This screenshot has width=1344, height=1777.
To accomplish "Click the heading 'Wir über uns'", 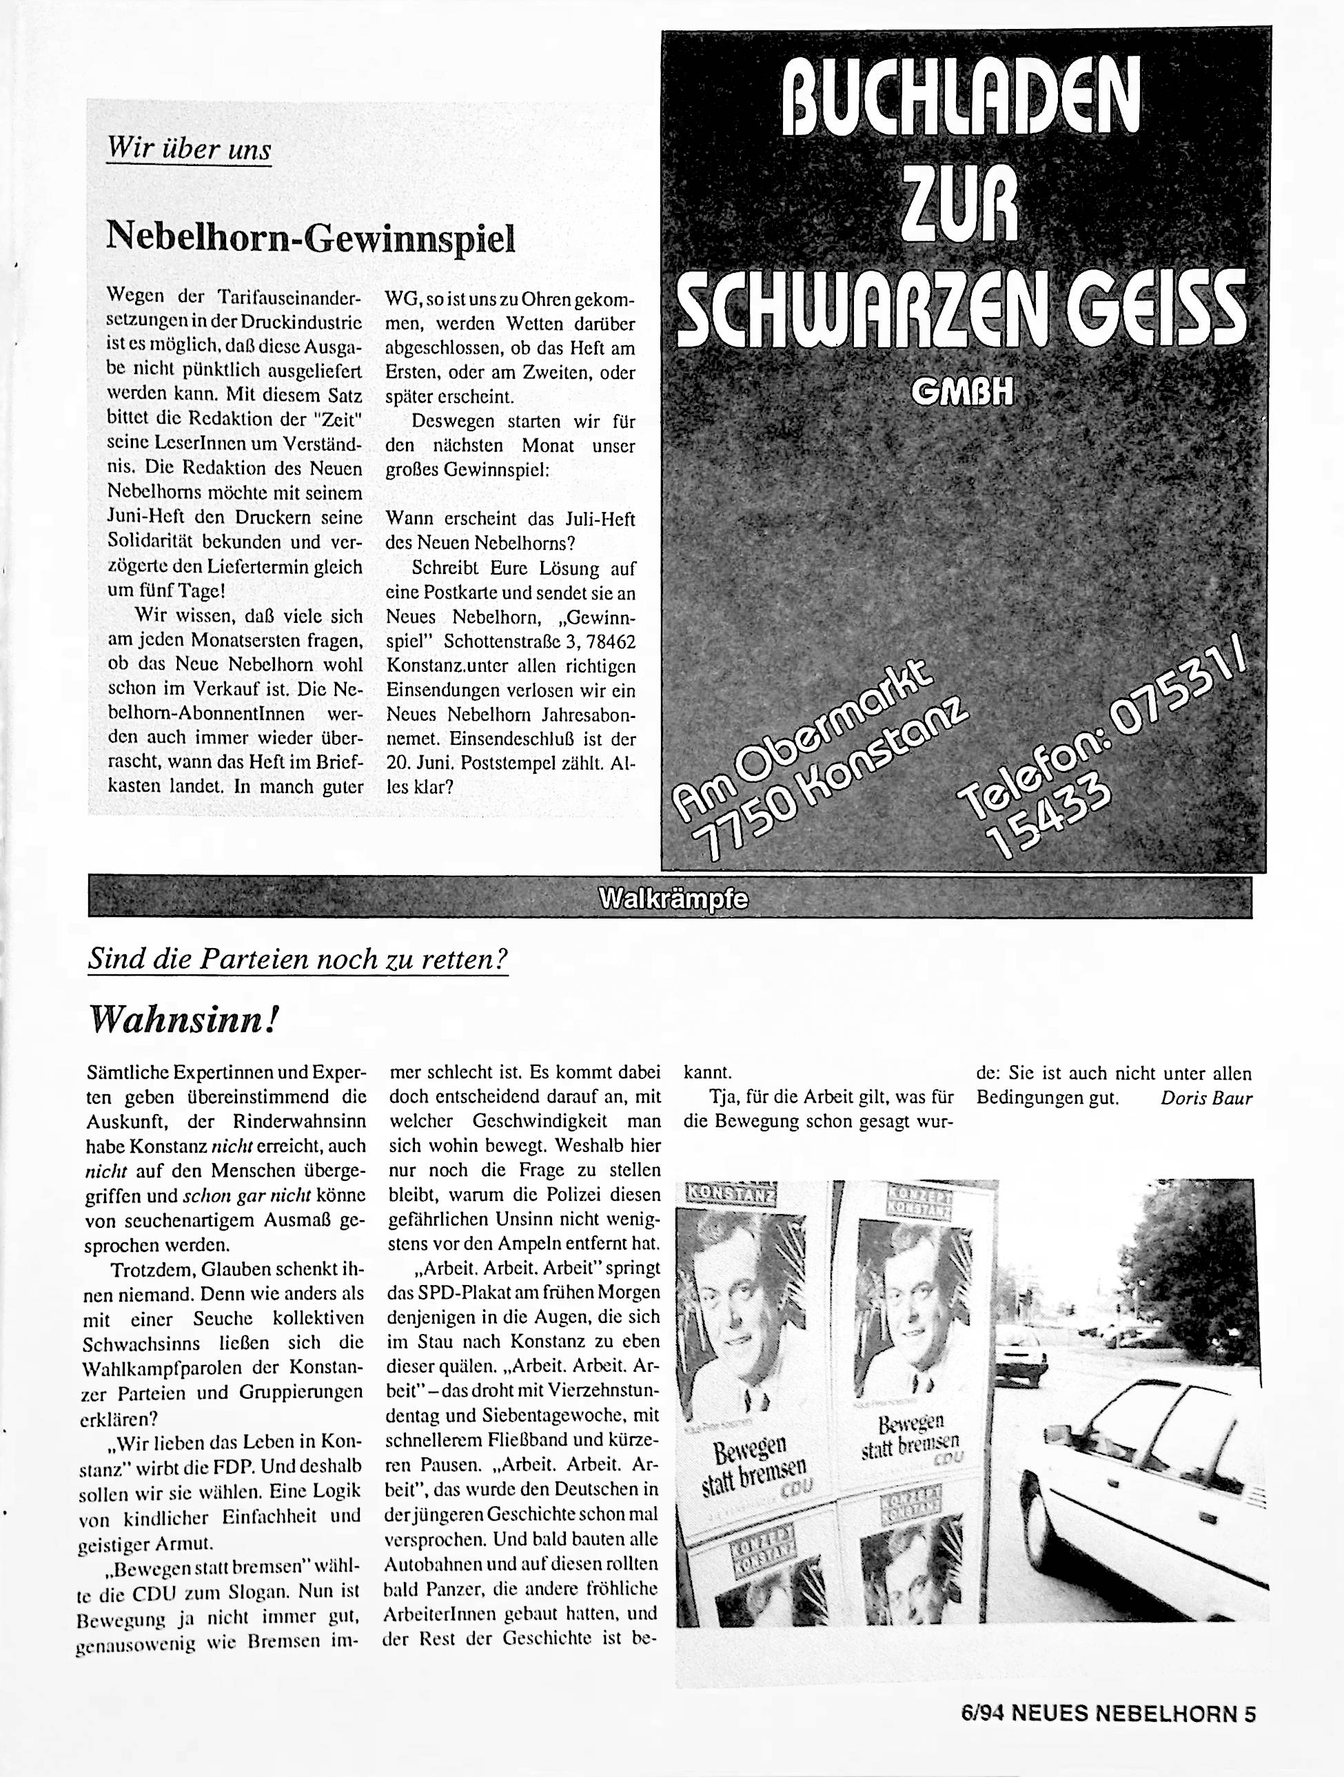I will tap(189, 150).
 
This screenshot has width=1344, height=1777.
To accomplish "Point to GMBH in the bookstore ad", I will tap(962, 393).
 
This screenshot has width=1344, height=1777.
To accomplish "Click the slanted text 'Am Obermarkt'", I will tap(804, 731).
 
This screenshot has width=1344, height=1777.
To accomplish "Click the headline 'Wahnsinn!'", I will tap(184, 1020).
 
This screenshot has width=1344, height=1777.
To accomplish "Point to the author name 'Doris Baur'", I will tap(1206, 1098).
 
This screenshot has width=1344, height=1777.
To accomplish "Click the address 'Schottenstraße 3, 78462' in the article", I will tap(529, 642).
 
